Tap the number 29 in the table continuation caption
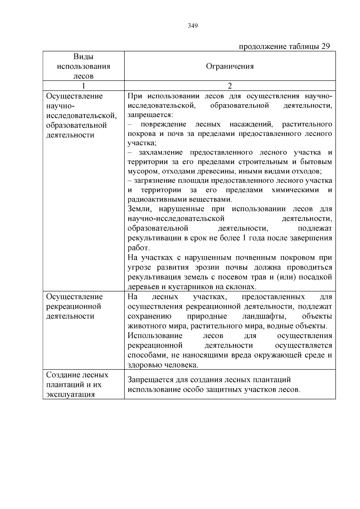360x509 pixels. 325,46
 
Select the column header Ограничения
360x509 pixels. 230,66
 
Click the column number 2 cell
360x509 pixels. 230,86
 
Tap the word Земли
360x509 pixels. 138,209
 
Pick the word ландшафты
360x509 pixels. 264,316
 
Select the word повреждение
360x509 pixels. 163,124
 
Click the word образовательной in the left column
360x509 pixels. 76,125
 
